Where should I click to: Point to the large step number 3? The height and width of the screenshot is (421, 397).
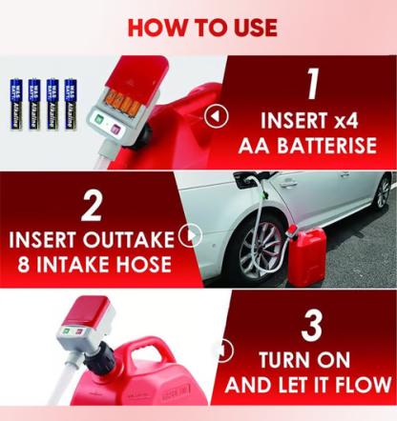pos(311,325)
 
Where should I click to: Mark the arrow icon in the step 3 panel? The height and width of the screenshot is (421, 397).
pos(223,351)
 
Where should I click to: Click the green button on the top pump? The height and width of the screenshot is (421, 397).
pos(98,121)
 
